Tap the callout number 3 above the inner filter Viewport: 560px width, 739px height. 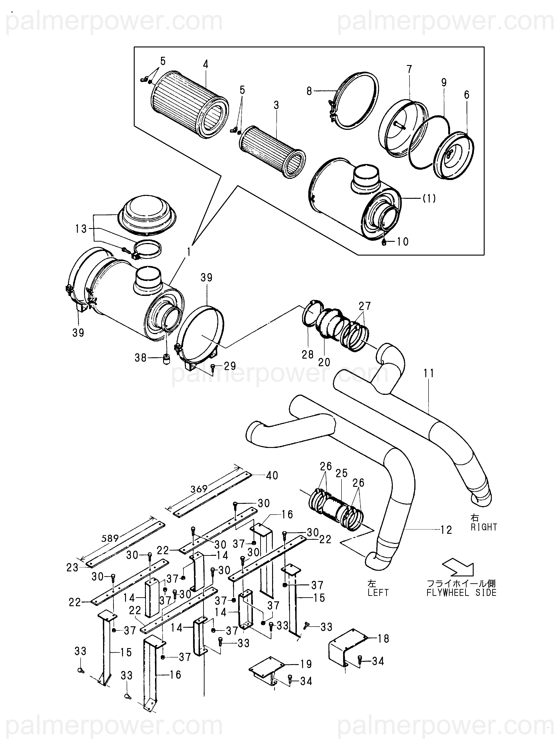pyautogui.click(x=276, y=105)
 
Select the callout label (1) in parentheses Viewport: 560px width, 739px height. pyautogui.click(x=429, y=199)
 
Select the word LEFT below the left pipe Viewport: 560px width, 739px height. pyautogui.click(x=378, y=592)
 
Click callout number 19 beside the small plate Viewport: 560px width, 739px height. pyautogui.click(x=306, y=664)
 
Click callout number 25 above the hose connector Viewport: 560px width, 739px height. pyautogui.click(x=342, y=473)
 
